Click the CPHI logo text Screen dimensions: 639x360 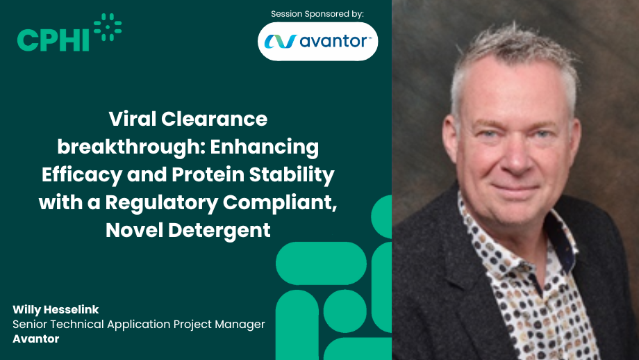tap(53, 40)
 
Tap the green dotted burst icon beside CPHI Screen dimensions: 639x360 tap(108, 27)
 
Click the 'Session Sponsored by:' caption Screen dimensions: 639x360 tap(317, 14)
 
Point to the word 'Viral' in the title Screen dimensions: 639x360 tap(133, 119)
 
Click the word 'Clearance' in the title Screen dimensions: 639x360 tap(215, 119)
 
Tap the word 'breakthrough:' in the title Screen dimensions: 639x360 tap(131, 147)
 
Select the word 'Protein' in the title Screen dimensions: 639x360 tap(208, 174)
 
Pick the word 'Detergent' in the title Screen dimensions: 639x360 tap(219, 230)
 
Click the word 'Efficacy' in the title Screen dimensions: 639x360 tap(82, 175)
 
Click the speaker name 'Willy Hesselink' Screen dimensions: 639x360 tap(56, 310)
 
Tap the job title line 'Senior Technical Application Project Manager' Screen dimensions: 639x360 tap(139, 325)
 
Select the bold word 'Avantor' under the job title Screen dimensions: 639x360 tap(36, 338)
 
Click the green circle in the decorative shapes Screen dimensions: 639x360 tap(345, 311)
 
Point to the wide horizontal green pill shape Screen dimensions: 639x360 tap(321, 263)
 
